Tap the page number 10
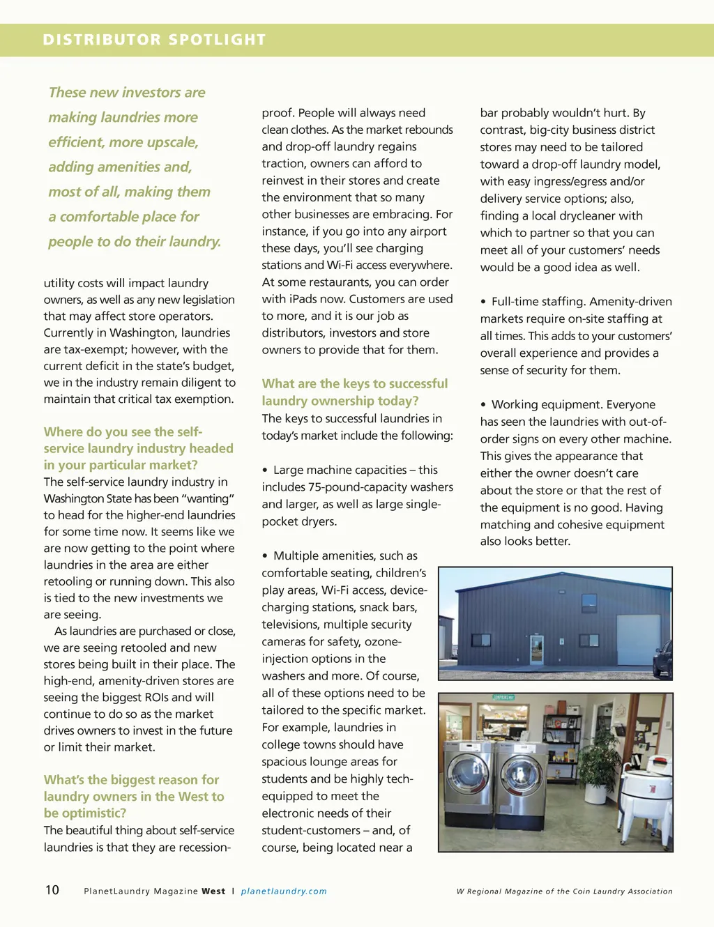(x=52, y=890)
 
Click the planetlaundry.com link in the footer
(x=284, y=891)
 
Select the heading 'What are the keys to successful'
(x=355, y=384)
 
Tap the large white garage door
(x=638, y=639)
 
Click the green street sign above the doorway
(x=503, y=698)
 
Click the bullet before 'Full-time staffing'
(x=483, y=302)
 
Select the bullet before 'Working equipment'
(x=483, y=405)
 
